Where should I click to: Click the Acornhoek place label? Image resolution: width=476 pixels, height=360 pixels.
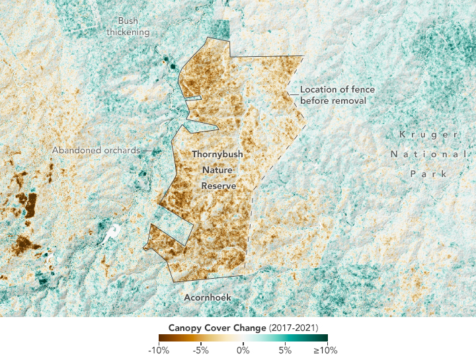pyautogui.click(x=208, y=298)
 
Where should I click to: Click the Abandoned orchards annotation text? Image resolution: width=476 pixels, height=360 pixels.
pyautogui.click(x=96, y=150)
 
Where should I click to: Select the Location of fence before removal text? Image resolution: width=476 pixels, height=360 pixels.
pyautogui.click(x=333, y=94)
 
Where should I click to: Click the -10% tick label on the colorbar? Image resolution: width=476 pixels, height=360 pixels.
pyautogui.click(x=159, y=350)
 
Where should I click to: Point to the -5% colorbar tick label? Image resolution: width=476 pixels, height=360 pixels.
pyautogui.click(x=202, y=350)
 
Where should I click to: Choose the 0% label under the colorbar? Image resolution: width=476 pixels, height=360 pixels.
pyautogui.click(x=243, y=350)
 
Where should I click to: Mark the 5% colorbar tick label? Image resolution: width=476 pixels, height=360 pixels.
pyautogui.click(x=285, y=350)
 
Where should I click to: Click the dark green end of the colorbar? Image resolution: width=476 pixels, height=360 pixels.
pyautogui.click(x=323, y=338)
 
